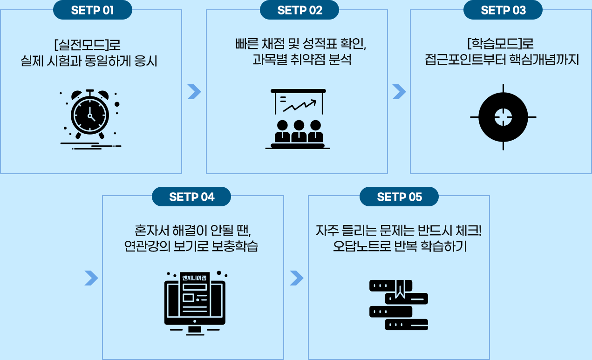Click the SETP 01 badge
click(x=92, y=10)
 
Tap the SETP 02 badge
click(x=299, y=10)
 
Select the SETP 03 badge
click(x=503, y=10)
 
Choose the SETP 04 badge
click(x=191, y=197)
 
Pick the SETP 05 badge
click(x=399, y=197)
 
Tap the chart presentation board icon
click(x=298, y=118)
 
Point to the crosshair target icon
click(x=503, y=116)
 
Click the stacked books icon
click(x=399, y=305)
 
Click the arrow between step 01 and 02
click(x=194, y=92)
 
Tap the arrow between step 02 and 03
click(x=399, y=92)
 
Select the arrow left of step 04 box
click(x=91, y=278)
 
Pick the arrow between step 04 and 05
click(x=296, y=278)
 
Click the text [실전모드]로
click(x=87, y=46)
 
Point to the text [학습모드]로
click(x=500, y=45)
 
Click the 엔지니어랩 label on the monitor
click(x=195, y=278)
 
